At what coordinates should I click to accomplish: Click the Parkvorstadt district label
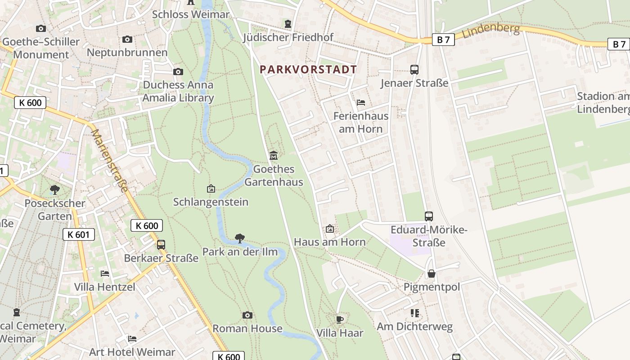(308, 69)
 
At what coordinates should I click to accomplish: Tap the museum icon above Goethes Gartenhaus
(273, 155)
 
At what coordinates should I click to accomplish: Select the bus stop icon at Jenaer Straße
(414, 70)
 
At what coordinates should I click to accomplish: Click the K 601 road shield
(79, 234)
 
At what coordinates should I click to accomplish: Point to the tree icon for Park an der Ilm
(240, 238)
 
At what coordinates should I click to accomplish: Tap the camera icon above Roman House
(247, 315)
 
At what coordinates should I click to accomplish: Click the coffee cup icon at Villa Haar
(340, 319)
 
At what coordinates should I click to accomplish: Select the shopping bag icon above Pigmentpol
(431, 274)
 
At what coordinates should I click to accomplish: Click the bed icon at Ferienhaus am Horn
(360, 103)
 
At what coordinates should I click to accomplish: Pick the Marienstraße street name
(110, 161)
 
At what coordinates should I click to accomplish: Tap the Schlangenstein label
(211, 202)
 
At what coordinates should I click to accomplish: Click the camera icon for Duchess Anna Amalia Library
(178, 72)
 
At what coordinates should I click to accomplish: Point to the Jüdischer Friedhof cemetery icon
(288, 23)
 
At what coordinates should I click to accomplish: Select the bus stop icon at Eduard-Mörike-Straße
(428, 216)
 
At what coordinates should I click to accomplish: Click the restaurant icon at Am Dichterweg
(414, 313)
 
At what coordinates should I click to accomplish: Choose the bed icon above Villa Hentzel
(104, 273)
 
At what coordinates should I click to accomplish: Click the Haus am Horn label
(330, 242)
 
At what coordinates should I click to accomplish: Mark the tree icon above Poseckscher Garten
(55, 189)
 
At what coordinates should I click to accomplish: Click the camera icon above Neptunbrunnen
(127, 39)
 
